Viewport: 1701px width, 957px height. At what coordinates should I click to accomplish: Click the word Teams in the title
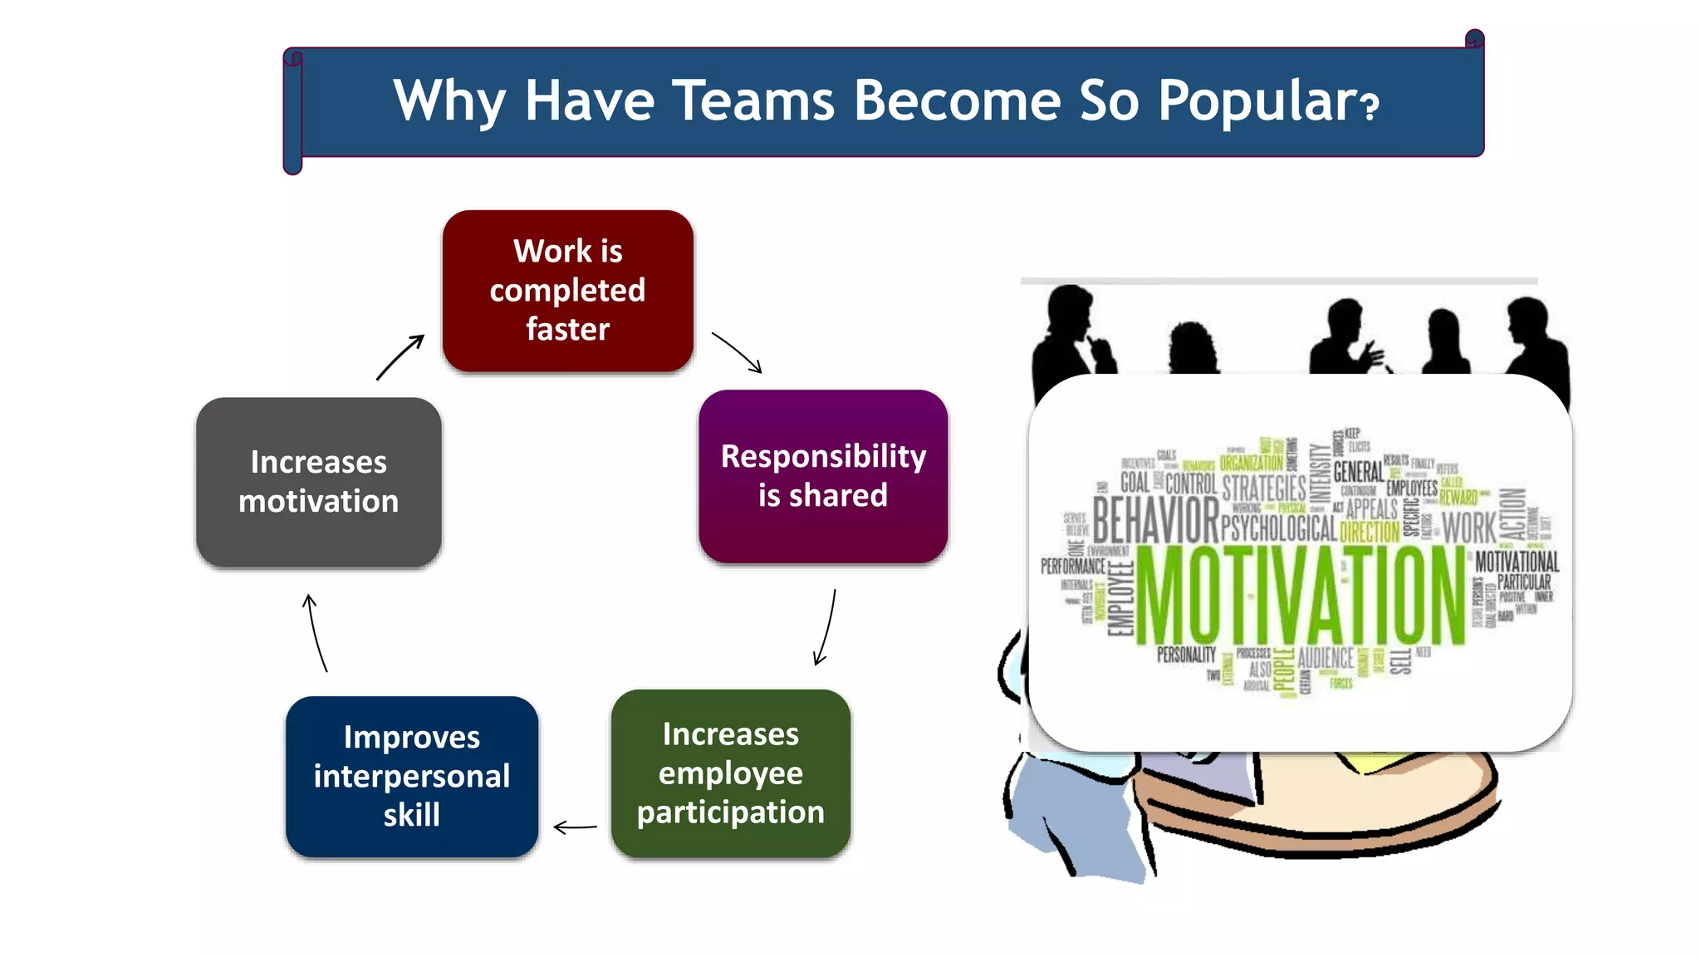tap(752, 101)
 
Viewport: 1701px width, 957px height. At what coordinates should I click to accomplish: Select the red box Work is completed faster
tap(567, 290)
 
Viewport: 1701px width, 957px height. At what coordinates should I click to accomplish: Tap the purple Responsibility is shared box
tap(822, 476)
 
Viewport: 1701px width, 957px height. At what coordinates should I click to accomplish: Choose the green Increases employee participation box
tap(730, 773)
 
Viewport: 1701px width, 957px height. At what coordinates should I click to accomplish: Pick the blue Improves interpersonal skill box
tap(412, 776)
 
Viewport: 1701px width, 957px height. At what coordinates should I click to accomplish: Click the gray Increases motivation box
tap(318, 482)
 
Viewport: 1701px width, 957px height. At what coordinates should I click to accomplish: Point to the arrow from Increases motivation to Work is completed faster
tap(400, 357)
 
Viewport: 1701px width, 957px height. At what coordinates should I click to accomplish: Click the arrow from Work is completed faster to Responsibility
tap(738, 352)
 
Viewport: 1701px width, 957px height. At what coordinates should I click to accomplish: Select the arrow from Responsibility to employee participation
tap(826, 627)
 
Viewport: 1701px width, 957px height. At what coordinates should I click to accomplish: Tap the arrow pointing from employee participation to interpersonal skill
tap(575, 827)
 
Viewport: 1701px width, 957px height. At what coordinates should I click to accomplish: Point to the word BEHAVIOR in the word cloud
tap(1154, 520)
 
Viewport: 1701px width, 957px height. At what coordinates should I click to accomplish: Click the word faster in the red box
tap(567, 329)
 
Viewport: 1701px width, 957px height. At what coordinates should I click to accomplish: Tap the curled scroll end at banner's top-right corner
tap(1474, 39)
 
